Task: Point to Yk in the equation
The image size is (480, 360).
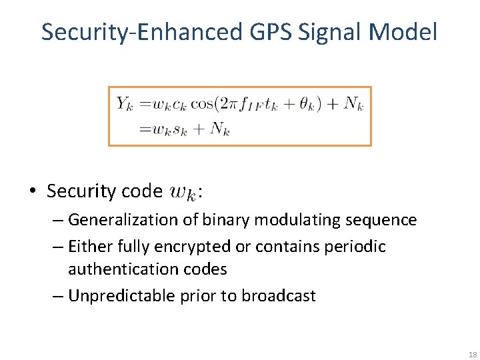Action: (x=125, y=103)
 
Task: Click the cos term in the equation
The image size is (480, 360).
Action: (x=201, y=103)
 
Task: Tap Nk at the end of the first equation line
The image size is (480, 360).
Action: (x=353, y=104)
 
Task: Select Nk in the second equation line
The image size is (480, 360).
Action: (x=219, y=129)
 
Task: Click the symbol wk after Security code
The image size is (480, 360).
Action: (x=183, y=193)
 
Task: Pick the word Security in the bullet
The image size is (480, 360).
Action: (x=79, y=191)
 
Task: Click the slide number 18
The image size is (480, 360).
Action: (x=473, y=354)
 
